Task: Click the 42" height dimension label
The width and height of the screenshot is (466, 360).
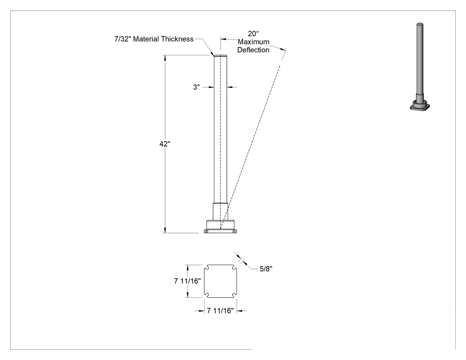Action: click(165, 144)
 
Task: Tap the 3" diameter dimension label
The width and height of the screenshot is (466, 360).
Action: click(197, 87)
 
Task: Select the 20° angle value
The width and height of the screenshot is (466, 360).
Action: click(253, 34)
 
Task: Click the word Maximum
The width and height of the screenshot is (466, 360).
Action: click(253, 42)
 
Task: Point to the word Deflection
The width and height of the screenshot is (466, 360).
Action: click(253, 50)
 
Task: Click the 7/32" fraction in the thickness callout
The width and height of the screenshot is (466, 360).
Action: click(123, 39)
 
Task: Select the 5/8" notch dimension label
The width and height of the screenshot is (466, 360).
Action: click(266, 269)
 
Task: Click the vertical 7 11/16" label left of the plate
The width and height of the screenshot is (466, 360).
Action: click(188, 281)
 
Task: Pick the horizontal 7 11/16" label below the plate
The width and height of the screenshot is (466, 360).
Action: click(220, 311)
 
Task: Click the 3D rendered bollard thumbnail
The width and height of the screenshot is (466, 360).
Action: click(420, 67)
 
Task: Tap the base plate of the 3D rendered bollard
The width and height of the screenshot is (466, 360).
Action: click(420, 106)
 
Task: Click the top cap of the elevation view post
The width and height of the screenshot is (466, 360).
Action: click(220, 55)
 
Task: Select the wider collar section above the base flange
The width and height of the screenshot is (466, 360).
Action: click(220, 211)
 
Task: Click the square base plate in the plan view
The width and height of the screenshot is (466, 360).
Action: click(220, 281)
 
